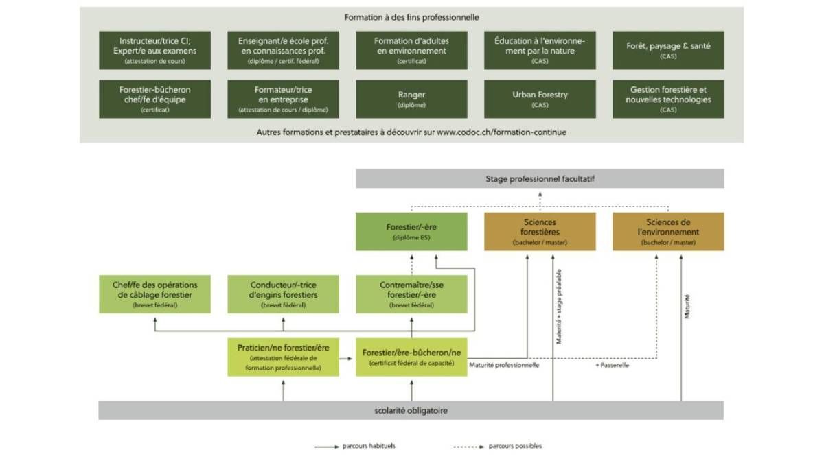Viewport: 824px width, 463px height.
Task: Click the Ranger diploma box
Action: point(411,99)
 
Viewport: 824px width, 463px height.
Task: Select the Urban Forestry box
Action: point(540,99)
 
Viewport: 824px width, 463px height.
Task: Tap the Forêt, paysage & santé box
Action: point(668,50)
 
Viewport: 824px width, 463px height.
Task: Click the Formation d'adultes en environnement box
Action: point(411,50)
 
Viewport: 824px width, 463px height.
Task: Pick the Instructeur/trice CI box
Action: point(154,50)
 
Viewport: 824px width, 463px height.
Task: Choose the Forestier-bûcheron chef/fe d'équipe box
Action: point(154,99)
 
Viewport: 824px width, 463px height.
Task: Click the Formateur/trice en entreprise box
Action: point(283,99)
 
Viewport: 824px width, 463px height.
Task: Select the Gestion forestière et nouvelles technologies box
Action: point(668,99)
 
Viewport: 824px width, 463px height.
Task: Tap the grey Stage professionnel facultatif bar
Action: point(540,178)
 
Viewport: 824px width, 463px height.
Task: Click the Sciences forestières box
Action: point(540,232)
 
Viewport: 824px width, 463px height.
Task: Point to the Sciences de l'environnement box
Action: point(668,232)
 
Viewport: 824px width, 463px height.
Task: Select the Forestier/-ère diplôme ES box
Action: point(411,232)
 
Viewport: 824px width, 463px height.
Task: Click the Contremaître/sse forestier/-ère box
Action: point(411,294)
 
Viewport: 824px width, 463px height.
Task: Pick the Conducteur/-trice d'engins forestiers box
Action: point(283,294)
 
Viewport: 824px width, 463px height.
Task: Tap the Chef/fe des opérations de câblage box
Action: point(154,294)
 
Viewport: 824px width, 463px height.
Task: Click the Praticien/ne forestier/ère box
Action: point(283,357)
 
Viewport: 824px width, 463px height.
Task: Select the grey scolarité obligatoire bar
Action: point(411,410)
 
